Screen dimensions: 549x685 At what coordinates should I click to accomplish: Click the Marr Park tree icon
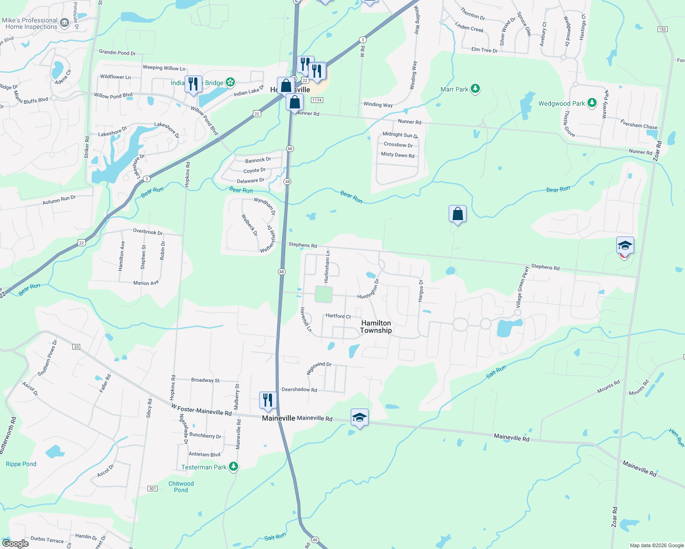coord(475,89)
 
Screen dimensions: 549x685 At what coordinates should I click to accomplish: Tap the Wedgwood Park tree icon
coord(592,103)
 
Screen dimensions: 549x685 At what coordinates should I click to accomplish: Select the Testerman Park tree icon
coord(234,467)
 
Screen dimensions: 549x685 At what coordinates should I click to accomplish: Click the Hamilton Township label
coord(376,327)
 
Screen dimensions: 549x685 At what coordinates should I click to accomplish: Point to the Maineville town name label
coord(278,418)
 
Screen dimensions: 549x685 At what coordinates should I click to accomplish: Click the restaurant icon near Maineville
coord(268,400)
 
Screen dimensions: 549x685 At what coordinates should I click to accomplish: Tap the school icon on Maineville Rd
coord(359,417)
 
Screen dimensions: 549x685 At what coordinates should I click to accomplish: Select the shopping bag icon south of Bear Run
coord(457,214)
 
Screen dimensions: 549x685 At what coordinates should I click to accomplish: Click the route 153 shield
coord(662,29)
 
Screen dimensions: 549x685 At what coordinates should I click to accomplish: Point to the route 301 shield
coord(152,489)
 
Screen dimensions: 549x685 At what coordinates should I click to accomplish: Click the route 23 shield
coord(76,347)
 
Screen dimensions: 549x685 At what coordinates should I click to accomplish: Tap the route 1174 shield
coord(317,100)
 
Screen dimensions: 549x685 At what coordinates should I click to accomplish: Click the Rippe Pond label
coord(21,464)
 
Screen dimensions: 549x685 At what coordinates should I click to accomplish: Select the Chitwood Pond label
coord(181,487)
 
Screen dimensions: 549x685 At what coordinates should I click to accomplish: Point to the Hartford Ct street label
coord(338,316)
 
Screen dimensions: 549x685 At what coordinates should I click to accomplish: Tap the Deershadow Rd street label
coord(299,390)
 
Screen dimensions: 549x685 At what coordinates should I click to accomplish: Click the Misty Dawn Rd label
coord(397,155)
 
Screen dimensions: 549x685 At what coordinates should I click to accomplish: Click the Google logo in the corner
coord(16,544)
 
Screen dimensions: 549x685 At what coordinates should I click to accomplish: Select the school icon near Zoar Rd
coord(625,246)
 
